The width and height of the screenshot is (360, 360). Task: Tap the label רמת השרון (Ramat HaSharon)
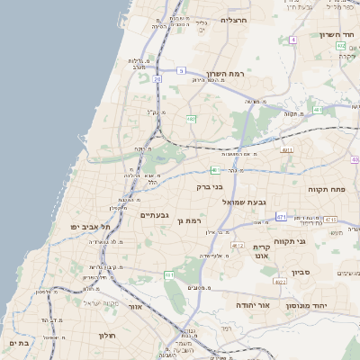tap(226, 74)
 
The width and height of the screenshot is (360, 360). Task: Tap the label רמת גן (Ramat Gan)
tap(193, 220)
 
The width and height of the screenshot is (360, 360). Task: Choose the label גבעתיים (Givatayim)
tap(155, 214)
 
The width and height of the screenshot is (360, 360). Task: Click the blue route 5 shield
tap(181, 70)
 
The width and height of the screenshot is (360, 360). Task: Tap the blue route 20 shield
tap(157, 79)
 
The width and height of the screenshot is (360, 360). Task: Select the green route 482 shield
tap(191, 118)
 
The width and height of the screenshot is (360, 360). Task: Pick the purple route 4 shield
tap(293, 40)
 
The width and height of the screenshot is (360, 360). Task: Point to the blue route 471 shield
tap(282, 217)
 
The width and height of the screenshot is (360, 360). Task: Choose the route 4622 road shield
tap(280, 282)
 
